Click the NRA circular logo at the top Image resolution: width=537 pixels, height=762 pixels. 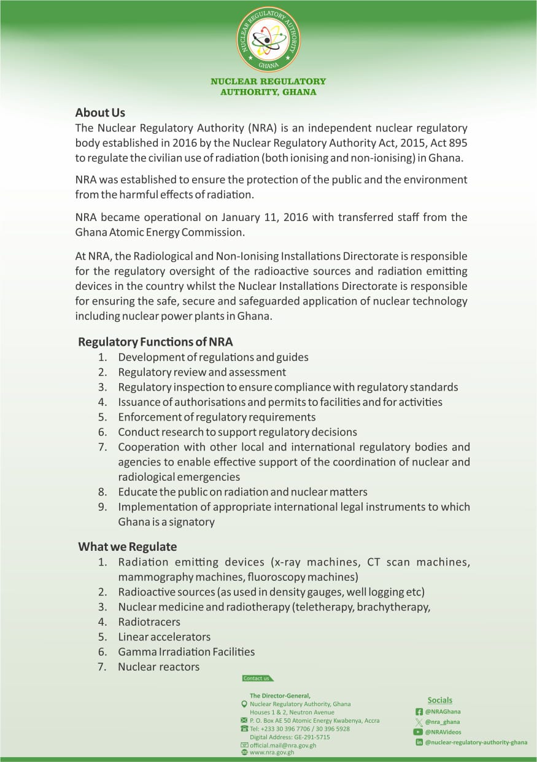click(268, 39)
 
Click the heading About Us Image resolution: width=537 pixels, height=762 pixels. click(100, 113)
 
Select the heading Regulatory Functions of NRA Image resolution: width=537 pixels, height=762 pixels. click(155, 342)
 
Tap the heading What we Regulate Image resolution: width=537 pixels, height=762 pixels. click(127, 546)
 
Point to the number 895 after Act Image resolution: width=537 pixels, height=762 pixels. click(458, 143)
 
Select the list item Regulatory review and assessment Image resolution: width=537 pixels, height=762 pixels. click(202, 372)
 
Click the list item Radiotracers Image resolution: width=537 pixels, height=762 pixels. click(149, 622)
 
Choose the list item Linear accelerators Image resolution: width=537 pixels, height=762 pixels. click(164, 637)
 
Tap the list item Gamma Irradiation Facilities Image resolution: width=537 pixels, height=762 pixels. click(186, 651)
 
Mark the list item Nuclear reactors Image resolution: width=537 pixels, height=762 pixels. click(158, 667)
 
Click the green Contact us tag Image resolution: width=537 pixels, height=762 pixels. click(257, 678)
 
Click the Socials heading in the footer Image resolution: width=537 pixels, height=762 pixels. click(439, 700)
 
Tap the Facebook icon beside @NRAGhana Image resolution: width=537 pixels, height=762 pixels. click(419, 712)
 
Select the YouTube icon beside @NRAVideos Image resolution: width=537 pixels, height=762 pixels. click(419, 732)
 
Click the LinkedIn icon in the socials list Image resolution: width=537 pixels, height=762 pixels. click(419, 742)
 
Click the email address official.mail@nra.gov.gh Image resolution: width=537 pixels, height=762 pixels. click(283, 745)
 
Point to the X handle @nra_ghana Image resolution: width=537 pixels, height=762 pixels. click(442, 722)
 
